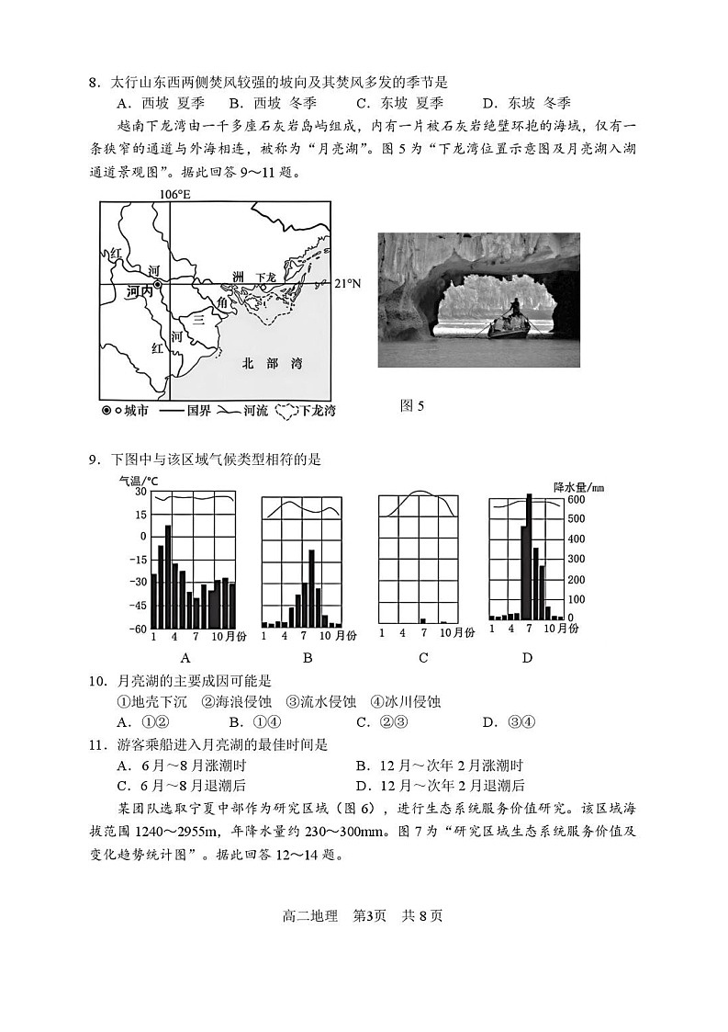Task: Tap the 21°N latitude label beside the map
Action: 347,284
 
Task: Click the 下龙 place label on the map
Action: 265,277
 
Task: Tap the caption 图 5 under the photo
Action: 412,405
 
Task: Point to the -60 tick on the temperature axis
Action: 137,629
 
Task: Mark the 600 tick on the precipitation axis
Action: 575,500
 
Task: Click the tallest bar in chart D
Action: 529,556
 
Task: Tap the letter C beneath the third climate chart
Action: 423,657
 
